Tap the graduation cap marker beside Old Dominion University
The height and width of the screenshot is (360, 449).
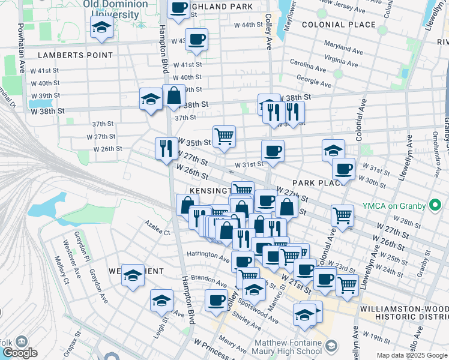click(101, 27)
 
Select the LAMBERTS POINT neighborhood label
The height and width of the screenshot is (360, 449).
click(75, 55)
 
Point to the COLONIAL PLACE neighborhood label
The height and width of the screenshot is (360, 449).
click(339, 25)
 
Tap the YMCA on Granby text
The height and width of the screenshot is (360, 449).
click(394, 206)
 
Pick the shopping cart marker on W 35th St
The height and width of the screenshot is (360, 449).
click(224, 136)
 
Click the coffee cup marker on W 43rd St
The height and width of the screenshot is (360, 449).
click(196, 40)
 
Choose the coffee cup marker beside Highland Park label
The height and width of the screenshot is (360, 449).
click(178, 8)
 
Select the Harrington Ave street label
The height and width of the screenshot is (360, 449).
click(208, 254)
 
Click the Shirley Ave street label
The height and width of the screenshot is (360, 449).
click(247, 323)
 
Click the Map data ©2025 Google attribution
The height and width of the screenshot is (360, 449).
click(412, 355)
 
